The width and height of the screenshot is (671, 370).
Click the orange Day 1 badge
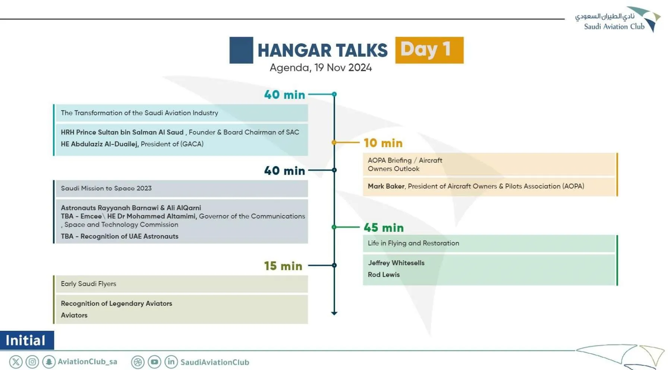[429, 50]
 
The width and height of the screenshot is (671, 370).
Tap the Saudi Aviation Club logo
[618, 20]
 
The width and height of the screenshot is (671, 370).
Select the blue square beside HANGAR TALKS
[241, 50]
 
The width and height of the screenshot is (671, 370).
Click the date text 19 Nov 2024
[343, 68]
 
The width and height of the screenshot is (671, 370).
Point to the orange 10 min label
[383, 143]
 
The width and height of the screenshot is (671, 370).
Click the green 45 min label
[384, 228]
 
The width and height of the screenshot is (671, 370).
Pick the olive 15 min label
[283, 266]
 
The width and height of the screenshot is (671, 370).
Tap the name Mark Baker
[386, 186]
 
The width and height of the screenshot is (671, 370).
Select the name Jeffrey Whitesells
[396, 263]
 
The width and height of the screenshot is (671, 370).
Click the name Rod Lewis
[384, 274]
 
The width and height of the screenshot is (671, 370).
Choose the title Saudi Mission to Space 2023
[106, 188]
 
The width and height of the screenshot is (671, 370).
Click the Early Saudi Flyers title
[88, 284]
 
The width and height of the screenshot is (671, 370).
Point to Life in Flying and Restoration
[413, 243]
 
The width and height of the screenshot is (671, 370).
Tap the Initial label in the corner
[26, 341]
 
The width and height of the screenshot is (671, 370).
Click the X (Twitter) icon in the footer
[16, 362]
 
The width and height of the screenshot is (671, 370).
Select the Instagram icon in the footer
[32, 362]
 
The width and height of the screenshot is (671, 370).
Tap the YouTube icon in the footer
[154, 362]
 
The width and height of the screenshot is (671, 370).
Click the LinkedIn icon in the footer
[171, 362]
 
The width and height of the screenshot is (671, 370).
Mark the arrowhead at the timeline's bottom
[334, 313]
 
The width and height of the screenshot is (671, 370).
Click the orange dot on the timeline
[334, 142]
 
